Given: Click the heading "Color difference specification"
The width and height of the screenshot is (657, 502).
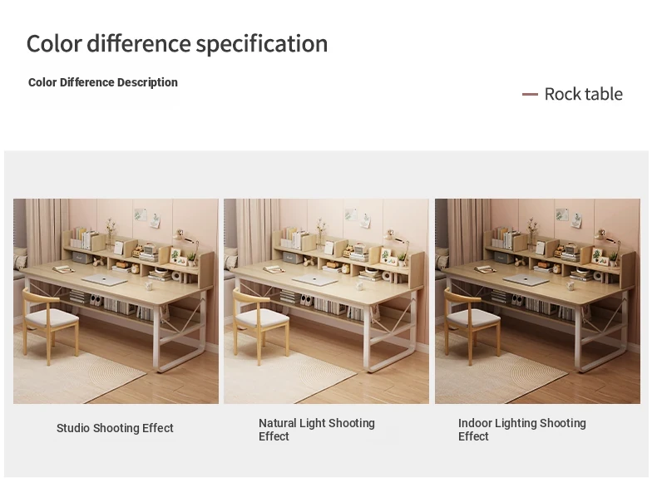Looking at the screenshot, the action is pyautogui.click(x=177, y=43).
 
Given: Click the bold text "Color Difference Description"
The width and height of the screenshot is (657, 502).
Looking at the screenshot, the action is pyautogui.click(x=103, y=82).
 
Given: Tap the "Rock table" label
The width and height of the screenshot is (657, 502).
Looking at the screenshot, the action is pyautogui.click(x=583, y=94).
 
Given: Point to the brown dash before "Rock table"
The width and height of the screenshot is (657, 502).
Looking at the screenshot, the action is pyautogui.click(x=530, y=94).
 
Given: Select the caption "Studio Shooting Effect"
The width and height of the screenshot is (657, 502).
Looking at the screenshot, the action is pyautogui.click(x=115, y=428).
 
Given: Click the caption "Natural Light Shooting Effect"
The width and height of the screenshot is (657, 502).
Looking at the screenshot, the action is pyautogui.click(x=317, y=430).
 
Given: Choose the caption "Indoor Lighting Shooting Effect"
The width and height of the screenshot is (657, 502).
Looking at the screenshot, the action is pyautogui.click(x=522, y=430).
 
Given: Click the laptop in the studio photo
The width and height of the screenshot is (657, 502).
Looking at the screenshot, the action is pyautogui.click(x=104, y=280).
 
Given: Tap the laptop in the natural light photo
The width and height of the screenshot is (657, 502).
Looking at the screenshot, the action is pyautogui.click(x=314, y=280).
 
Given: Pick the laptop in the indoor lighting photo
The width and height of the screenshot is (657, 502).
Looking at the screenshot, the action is pyautogui.click(x=526, y=280).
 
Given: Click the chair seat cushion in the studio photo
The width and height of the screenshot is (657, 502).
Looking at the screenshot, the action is pyautogui.click(x=52, y=317).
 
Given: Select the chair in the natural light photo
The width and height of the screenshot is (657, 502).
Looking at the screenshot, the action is pyautogui.click(x=261, y=325).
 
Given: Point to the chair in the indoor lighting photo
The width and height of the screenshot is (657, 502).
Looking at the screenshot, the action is pyautogui.click(x=472, y=325).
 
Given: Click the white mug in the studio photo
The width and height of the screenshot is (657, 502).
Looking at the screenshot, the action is pyautogui.click(x=148, y=286).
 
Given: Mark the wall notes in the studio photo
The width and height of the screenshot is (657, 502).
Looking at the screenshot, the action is pyautogui.click(x=147, y=217).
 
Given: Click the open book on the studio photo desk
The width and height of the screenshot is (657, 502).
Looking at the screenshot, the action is pyautogui.click(x=64, y=268).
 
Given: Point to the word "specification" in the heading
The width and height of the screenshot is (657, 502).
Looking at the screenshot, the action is pyautogui.click(x=262, y=44).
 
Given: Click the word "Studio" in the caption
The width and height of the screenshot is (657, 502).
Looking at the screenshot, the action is pyautogui.click(x=73, y=428).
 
